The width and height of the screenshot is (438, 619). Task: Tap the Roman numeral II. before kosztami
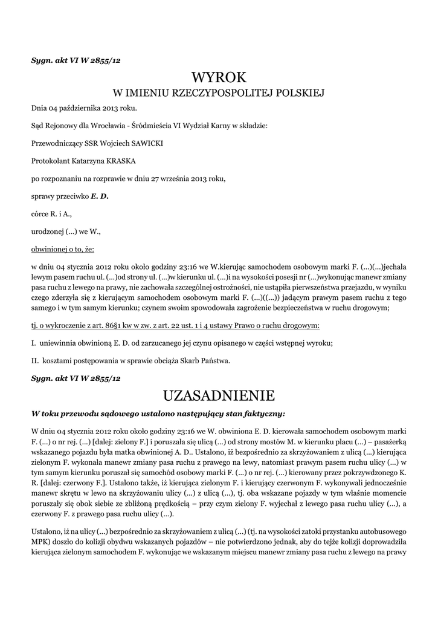click(x=35, y=361)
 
